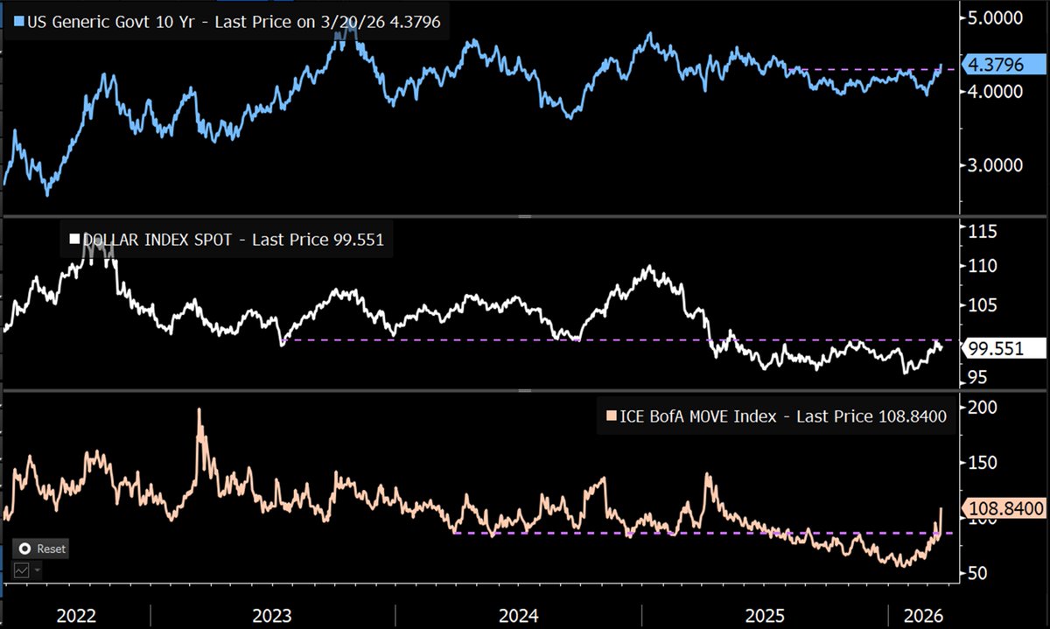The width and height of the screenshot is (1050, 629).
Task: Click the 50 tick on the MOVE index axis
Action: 977,573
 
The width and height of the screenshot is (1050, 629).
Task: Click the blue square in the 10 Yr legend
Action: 19,20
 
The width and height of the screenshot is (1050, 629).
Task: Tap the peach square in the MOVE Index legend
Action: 610,416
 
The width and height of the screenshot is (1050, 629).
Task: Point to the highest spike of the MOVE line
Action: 199,409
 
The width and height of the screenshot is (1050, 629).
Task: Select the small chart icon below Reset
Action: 21,570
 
